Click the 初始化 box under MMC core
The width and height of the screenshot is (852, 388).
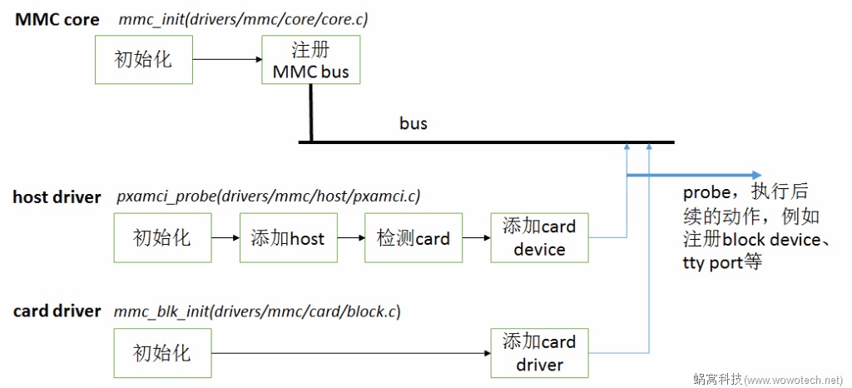coord(144,60)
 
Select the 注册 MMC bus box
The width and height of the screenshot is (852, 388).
coord(311,60)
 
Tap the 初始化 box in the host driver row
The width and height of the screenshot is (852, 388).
coord(162,238)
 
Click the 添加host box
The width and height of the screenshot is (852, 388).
coord(288,238)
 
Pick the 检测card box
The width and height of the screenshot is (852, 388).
coord(413,238)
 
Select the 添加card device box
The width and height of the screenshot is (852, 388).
coord(539,238)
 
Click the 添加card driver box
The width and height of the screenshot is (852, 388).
coord(539,353)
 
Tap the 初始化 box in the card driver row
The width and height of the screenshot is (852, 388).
coord(162,353)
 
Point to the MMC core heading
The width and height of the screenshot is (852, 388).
coord(57,19)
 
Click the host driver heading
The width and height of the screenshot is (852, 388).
coord(57,197)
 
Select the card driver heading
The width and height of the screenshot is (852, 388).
coord(57,311)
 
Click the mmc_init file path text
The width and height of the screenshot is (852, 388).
coord(243,19)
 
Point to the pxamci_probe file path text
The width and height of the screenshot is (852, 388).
coord(269,197)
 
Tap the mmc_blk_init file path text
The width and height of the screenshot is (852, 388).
coord(257,311)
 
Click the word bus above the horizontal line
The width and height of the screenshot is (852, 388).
coord(413,123)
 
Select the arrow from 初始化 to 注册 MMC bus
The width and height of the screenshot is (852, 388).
coord(226,60)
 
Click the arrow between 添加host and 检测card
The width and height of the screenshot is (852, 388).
coord(350,238)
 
